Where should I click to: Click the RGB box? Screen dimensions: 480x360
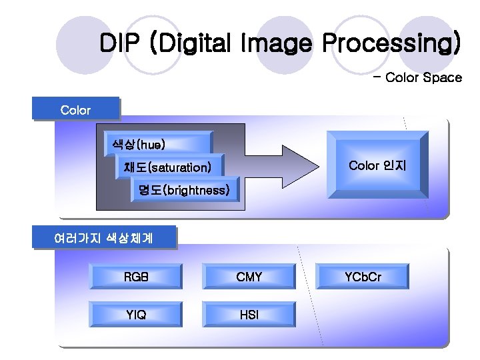click(x=136, y=277)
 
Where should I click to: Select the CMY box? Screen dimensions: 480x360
click(x=249, y=277)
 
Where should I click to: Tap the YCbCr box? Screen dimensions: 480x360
click(x=363, y=277)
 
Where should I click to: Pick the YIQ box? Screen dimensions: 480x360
click(x=136, y=315)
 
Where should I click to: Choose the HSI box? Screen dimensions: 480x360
click(x=249, y=315)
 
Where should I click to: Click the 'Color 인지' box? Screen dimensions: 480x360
click(x=377, y=165)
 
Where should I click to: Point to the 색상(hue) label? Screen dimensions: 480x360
click(x=139, y=144)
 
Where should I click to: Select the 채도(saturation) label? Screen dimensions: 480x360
click(x=167, y=167)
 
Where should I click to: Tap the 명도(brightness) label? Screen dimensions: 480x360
click(x=184, y=191)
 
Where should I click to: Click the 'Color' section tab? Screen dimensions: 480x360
click(x=75, y=109)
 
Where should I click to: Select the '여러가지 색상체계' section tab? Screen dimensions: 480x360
click(x=104, y=238)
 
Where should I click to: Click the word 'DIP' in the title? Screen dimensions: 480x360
click(x=120, y=44)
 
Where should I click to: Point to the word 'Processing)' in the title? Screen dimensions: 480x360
click(x=392, y=44)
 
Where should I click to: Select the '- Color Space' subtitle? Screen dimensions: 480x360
click(x=417, y=78)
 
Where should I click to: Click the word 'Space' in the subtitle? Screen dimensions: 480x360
click(x=442, y=78)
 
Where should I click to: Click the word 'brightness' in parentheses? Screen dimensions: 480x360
click(x=197, y=191)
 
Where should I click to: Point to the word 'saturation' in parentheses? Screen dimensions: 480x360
click(x=179, y=167)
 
